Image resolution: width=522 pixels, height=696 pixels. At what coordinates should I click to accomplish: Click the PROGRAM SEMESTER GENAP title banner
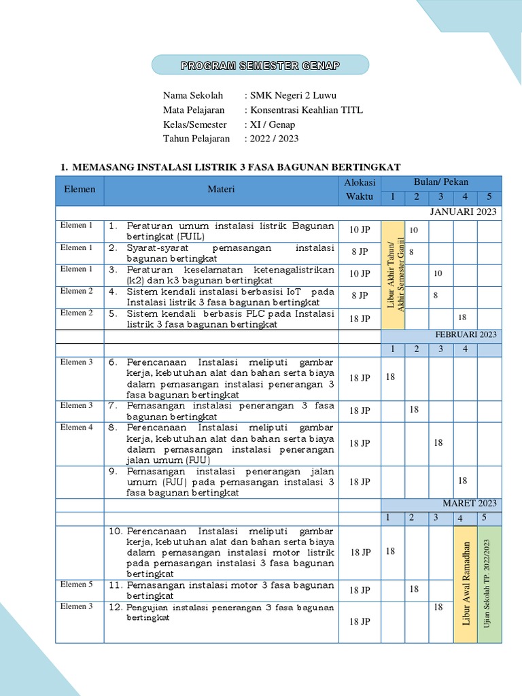click(x=260, y=65)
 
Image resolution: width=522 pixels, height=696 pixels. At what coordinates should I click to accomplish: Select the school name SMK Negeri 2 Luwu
click(x=293, y=95)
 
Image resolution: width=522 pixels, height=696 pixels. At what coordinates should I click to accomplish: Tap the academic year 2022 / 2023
click(x=275, y=139)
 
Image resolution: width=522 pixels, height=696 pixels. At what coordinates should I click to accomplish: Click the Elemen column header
click(x=80, y=190)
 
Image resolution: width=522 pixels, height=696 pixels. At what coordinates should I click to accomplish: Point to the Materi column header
click(x=221, y=190)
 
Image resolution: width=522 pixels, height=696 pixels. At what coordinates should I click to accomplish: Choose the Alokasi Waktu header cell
click(x=360, y=190)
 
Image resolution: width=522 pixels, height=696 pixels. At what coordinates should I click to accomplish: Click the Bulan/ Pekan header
click(x=440, y=182)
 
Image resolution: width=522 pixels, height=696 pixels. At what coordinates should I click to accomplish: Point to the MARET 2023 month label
click(x=470, y=504)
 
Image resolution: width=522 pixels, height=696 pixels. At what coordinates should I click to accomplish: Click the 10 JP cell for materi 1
click(x=360, y=230)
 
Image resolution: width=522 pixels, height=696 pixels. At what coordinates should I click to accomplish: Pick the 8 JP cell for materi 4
click(x=360, y=296)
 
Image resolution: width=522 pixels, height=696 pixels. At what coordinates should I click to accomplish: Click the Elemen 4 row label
click(x=77, y=428)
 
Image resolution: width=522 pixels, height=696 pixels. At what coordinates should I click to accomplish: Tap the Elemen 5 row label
click(x=77, y=585)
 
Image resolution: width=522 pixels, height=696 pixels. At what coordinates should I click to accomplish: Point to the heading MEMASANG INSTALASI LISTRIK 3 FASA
click(x=237, y=167)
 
